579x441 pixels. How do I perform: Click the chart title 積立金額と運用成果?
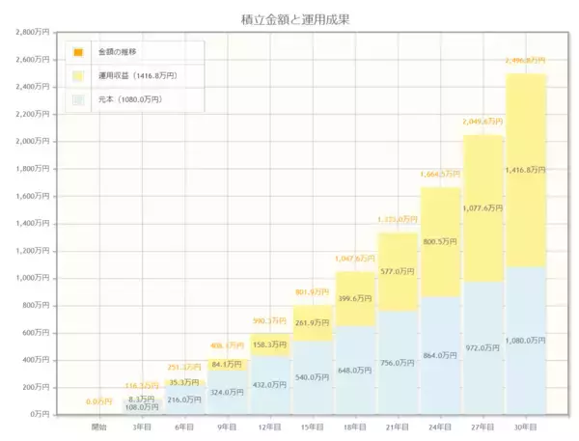(289, 18)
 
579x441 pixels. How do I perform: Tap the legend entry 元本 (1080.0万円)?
(129, 98)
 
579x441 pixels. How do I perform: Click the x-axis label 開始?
(99, 426)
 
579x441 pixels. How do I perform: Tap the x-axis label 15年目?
(312, 426)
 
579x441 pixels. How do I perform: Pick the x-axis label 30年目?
(525, 426)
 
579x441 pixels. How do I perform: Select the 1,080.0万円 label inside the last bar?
(526, 340)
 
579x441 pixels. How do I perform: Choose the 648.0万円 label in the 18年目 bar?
(355, 370)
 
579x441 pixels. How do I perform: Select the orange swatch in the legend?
(78, 51)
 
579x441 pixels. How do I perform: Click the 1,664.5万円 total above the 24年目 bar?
(440, 175)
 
